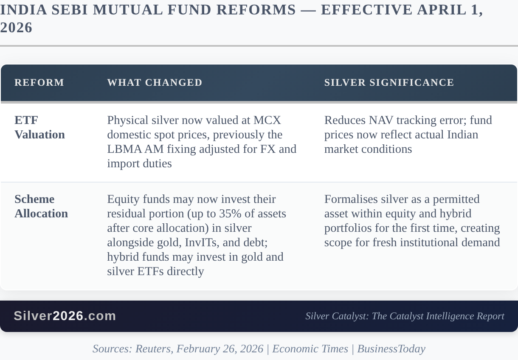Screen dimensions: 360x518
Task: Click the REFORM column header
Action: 39,82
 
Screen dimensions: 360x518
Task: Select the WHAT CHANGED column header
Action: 155,82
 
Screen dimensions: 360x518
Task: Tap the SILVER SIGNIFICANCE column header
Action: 389,82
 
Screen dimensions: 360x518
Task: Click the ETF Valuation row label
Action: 39,127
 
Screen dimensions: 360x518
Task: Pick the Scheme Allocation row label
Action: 41,206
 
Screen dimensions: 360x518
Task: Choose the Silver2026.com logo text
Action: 65,316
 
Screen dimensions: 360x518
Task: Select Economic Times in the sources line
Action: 310,349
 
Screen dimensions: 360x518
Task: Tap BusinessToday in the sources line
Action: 391,349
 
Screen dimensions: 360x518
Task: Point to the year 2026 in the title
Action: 16,28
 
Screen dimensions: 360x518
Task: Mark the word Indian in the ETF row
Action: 463,135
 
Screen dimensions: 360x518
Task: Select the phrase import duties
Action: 139,163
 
